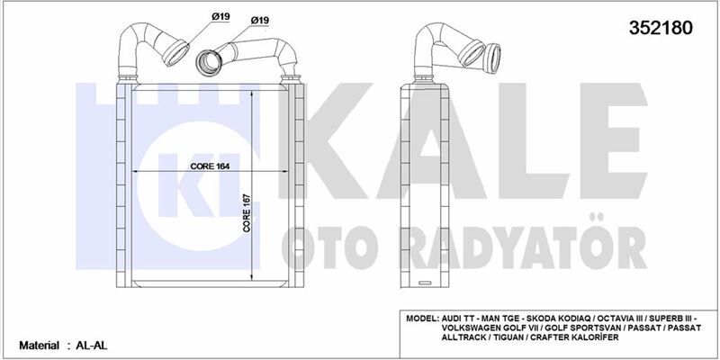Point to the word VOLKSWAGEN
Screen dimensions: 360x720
(x=478, y=330)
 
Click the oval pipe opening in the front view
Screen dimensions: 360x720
(x=210, y=62)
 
